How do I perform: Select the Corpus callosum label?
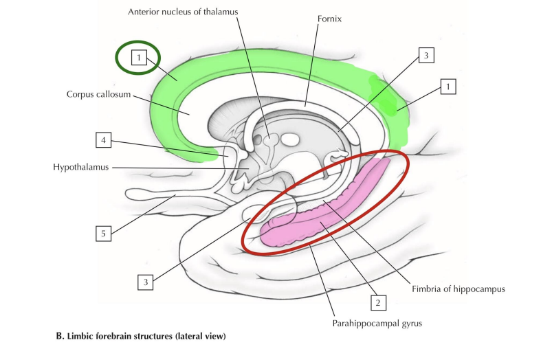99,95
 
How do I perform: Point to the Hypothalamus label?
81,167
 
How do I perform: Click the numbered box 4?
103,141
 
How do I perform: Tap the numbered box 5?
103,234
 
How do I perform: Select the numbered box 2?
376,301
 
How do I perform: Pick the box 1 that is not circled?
448,87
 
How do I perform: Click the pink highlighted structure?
323,213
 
